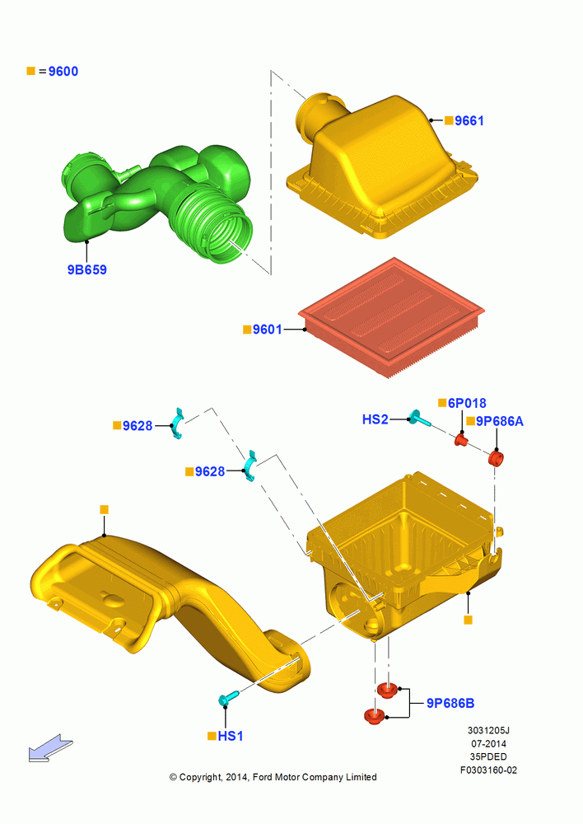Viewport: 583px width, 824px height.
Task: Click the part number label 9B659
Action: [86, 269]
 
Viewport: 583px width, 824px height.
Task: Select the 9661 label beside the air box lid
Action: [469, 121]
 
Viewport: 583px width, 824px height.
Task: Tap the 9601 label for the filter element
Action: [268, 330]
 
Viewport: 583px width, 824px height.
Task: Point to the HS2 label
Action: [375, 419]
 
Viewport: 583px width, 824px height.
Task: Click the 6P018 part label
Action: [467, 403]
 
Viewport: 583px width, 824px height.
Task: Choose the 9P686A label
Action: [500, 421]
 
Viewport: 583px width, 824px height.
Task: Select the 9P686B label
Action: [450, 703]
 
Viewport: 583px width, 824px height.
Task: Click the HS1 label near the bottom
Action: [230, 736]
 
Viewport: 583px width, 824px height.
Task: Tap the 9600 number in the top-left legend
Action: [63, 72]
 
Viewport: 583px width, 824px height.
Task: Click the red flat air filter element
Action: [391, 317]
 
